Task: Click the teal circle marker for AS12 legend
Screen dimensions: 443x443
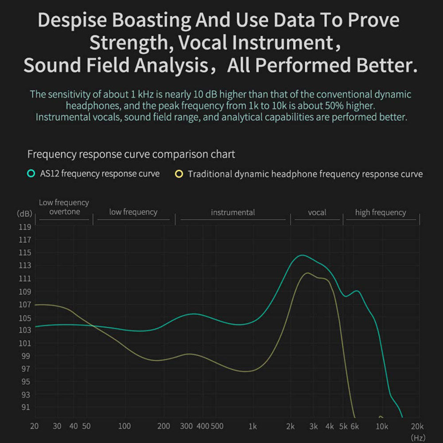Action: (31, 174)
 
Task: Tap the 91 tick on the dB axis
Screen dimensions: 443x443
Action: (26, 407)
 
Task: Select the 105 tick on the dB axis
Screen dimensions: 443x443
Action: (26, 318)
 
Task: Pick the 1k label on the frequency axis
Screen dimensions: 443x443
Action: (253, 426)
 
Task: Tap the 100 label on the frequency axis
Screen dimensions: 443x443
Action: (125, 426)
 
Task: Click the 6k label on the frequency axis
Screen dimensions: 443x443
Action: (355, 426)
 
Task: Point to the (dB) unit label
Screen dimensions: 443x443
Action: (25, 214)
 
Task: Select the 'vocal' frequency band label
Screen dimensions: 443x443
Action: (317, 213)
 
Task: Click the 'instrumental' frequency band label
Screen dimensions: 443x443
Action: (233, 213)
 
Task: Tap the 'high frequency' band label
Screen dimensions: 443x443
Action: (380, 213)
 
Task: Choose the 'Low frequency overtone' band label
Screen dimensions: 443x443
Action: (64, 207)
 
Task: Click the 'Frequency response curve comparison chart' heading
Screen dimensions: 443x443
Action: (131, 155)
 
